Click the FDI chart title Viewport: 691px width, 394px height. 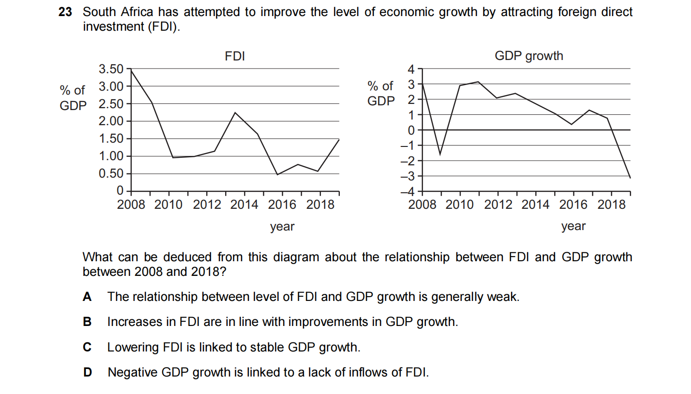[x=235, y=56]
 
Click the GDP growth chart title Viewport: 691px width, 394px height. [x=529, y=56]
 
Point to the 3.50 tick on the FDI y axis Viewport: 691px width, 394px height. [x=111, y=69]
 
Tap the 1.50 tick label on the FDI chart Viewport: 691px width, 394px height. [x=111, y=138]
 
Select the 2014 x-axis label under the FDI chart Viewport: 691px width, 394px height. [x=244, y=205]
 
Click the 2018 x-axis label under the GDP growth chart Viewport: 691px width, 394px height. [x=611, y=205]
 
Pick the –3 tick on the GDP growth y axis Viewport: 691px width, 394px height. [x=408, y=176]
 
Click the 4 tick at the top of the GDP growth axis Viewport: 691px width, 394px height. [x=411, y=69]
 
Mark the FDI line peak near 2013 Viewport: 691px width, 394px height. [x=235, y=112]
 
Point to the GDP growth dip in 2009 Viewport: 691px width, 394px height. [x=440, y=154]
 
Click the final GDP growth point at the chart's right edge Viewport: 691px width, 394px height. [x=630, y=178]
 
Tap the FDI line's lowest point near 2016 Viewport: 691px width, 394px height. [x=278, y=175]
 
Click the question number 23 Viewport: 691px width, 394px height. [x=65, y=12]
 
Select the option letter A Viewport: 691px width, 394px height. [x=87, y=297]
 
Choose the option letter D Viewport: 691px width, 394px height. [x=87, y=372]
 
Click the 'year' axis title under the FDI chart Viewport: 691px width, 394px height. [x=282, y=227]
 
